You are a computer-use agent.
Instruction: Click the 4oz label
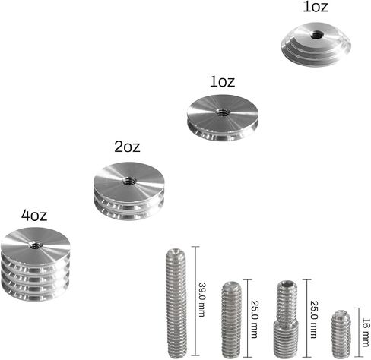coord(34,216)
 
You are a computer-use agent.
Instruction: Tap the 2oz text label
coord(127,147)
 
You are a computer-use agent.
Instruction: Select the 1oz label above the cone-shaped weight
coord(316,6)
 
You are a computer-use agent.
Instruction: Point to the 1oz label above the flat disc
coord(222,81)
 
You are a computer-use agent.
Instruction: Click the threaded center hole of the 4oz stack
coord(34,245)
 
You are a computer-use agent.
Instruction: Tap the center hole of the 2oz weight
coord(129,181)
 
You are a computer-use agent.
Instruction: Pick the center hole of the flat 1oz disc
coord(222,112)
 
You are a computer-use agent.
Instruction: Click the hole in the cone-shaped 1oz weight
coord(317,34)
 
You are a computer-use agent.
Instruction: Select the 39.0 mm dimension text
coord(202,300)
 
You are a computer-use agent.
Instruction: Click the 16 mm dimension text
coord(365,332)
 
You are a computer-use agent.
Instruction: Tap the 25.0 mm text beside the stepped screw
coord(314,320)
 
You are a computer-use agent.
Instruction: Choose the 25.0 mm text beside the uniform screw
coord(254,320)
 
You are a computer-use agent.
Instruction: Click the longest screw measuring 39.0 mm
coord(176,303)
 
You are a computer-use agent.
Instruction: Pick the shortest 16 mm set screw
coord(341,334)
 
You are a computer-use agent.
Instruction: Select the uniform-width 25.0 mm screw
coord(232,319)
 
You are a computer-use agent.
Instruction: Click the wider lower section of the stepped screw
coord(286,339)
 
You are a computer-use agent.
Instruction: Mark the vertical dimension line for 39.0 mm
coord(195,301)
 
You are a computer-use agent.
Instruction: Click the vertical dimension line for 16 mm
coord(359,333)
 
